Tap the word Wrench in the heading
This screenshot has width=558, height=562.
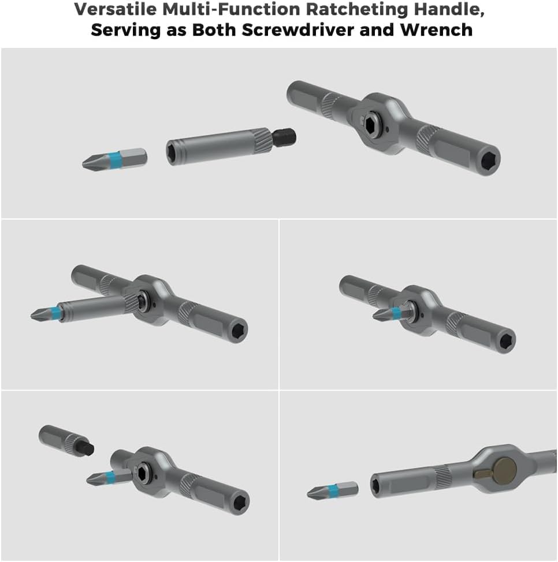(x=440, y=29)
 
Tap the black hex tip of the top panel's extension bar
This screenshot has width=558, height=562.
(x=286, y=137)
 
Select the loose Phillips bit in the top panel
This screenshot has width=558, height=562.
(x=114, y=159)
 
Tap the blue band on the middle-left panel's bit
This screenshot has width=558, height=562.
(x=57, y=312)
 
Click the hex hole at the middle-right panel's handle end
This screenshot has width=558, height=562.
(x=507, y=340)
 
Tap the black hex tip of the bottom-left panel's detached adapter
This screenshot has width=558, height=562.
(x=88, y=450)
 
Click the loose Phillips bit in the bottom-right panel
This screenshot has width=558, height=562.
(x=332, y=491)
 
